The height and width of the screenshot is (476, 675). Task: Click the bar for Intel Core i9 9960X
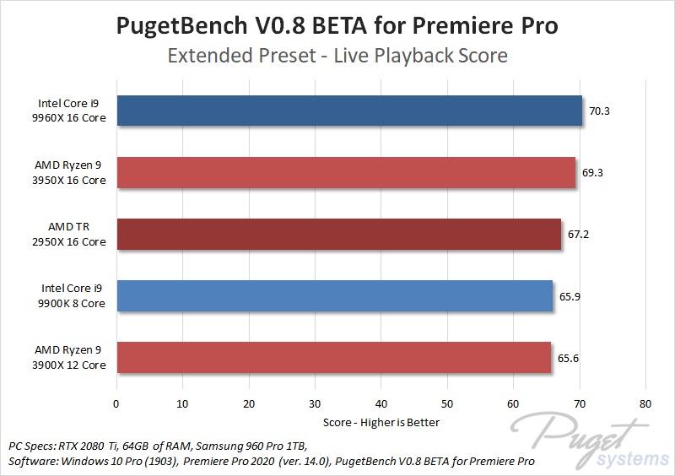point(349,111)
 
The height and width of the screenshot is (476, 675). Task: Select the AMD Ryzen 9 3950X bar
point(346,172)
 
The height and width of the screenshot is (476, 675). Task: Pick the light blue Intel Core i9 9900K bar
point(335,295)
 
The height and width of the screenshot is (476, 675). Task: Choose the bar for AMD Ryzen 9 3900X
point(334,357)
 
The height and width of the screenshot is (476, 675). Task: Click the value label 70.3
point(599,111)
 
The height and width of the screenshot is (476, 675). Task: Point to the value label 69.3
point(592,172)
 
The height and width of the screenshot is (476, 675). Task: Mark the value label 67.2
point(579,234)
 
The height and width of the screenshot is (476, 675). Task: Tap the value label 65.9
point(570,295)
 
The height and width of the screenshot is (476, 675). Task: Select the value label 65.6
point(569,357)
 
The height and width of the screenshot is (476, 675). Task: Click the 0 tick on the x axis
point(116,403)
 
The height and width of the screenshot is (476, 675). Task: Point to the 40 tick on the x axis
point(381,403)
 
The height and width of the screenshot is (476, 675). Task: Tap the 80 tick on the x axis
point(645,403)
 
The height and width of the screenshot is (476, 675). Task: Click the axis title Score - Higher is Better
point(381,421)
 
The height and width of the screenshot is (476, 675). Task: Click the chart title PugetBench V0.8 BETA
point(337,26)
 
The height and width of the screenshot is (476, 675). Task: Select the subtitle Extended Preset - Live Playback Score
point(337,56)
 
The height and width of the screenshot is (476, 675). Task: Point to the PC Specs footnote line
point(157,445)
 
